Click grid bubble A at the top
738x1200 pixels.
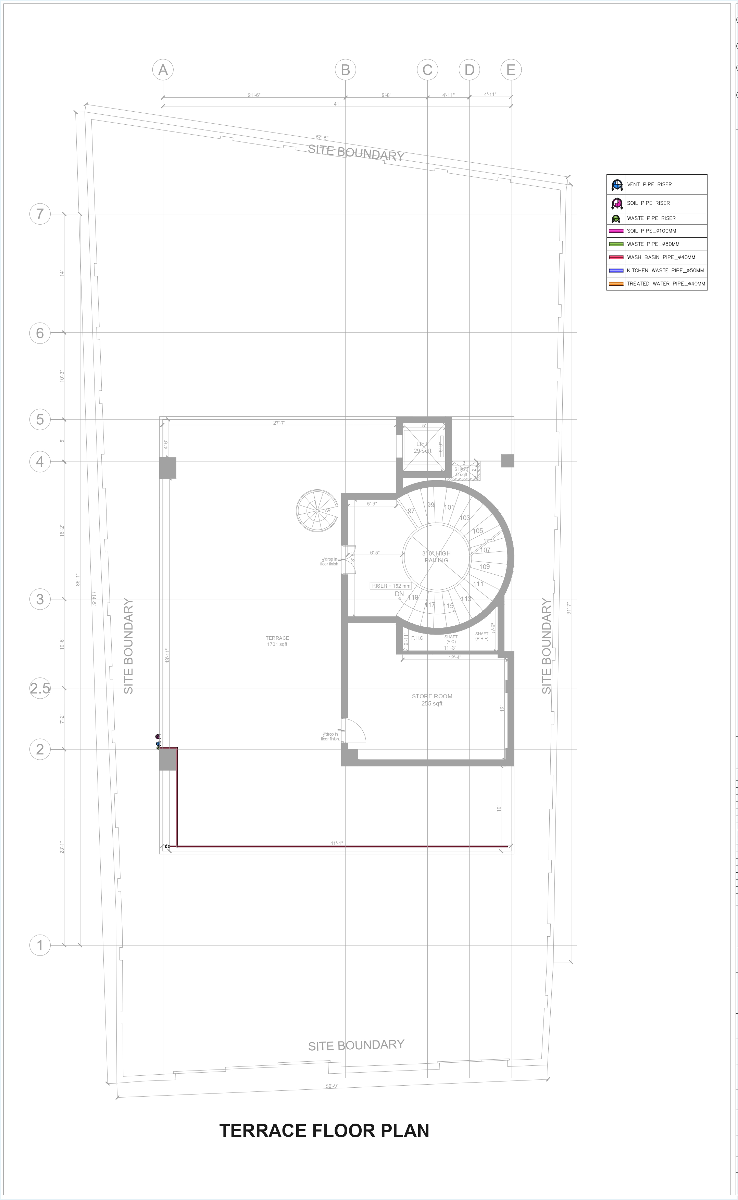click(x=163, y=70)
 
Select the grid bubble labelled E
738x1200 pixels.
click(x=511, y=70)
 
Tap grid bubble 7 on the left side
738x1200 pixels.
click(x=40, y=214)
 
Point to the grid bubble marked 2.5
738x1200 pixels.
click(x=40, y=688)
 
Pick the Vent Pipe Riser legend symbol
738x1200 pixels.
click(x=616, y=185)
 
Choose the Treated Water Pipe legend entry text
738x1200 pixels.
click(x=666, y=284)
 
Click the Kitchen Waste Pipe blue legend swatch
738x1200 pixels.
click(x=616, y=270)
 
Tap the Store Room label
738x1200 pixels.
click(x=432, y=699)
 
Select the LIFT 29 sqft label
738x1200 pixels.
click(x=422, y=447)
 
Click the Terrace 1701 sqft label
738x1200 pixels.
click(x=277, y=641)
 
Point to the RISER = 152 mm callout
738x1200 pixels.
click(x=391, y=586)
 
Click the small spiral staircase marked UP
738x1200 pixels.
click(x=317, y=511)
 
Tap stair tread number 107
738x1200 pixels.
click(x=485, y=550)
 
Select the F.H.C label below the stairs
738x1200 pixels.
click(x=417, y=638)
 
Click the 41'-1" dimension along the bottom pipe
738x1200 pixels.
click(x=337, y=843)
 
